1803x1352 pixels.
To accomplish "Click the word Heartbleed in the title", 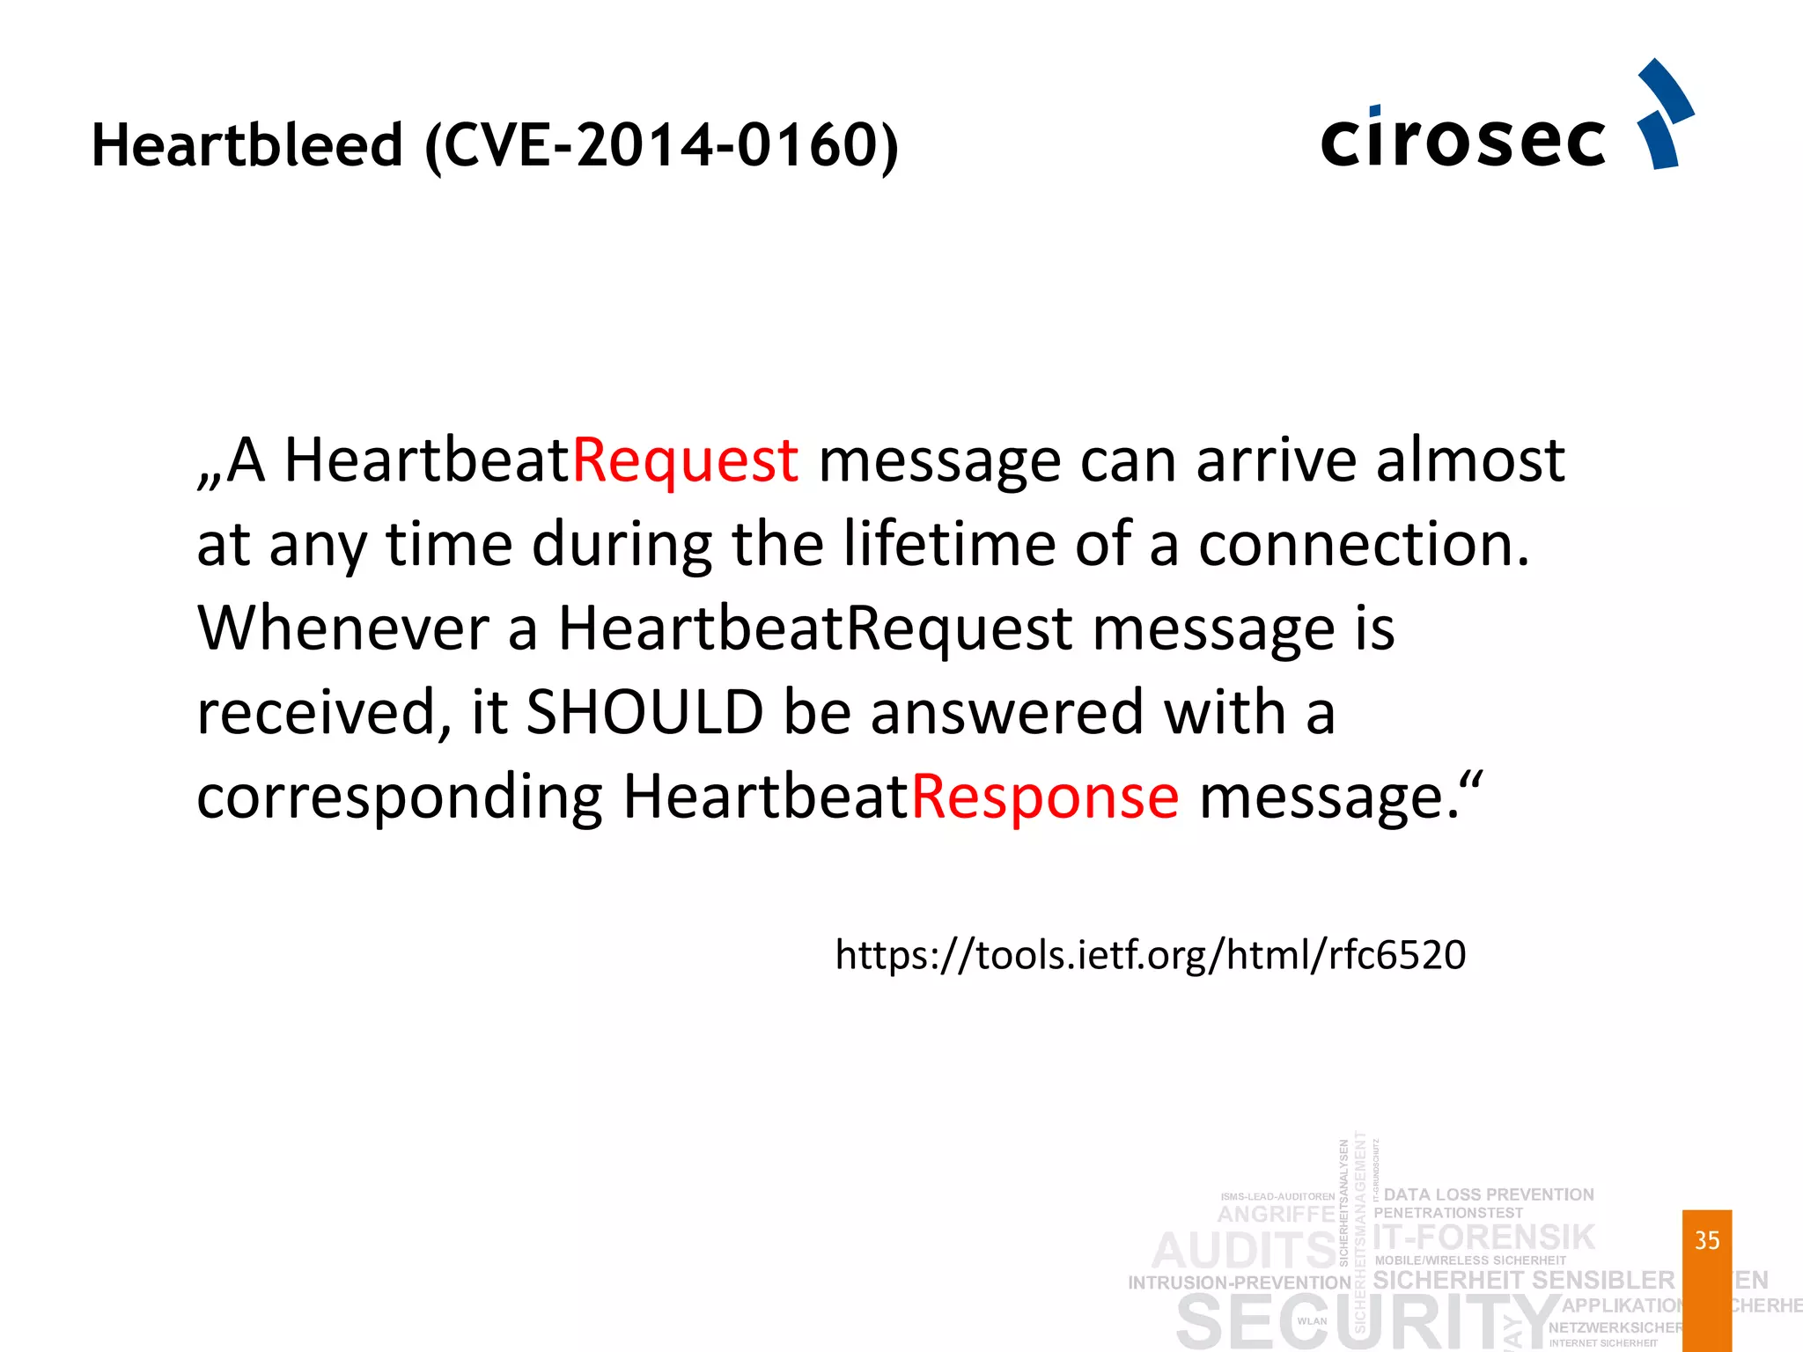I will [247, 145].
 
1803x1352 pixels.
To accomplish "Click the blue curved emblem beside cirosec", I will [1665, 114].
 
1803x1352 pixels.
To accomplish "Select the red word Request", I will [686, 460].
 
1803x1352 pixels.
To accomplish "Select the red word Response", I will [1044, 797].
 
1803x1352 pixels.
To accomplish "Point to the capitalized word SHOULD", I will [644, 712].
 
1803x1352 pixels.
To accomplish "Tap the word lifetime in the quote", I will [949, 544].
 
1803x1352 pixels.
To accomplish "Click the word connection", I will [1363, 544].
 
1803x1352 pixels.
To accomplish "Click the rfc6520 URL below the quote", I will [1151, 955].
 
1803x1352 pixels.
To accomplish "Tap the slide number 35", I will [1707, 1240].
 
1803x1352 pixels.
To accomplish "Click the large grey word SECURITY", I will [1365, 1322].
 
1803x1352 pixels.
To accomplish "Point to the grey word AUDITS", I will [1244, 1251].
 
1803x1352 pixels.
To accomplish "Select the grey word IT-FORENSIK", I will [1484, 1237].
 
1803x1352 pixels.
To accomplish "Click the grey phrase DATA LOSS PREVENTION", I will [1489, 1194].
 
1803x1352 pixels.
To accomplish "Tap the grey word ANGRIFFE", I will [1277, 1215].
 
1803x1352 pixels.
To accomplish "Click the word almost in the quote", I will [1470, 460].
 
